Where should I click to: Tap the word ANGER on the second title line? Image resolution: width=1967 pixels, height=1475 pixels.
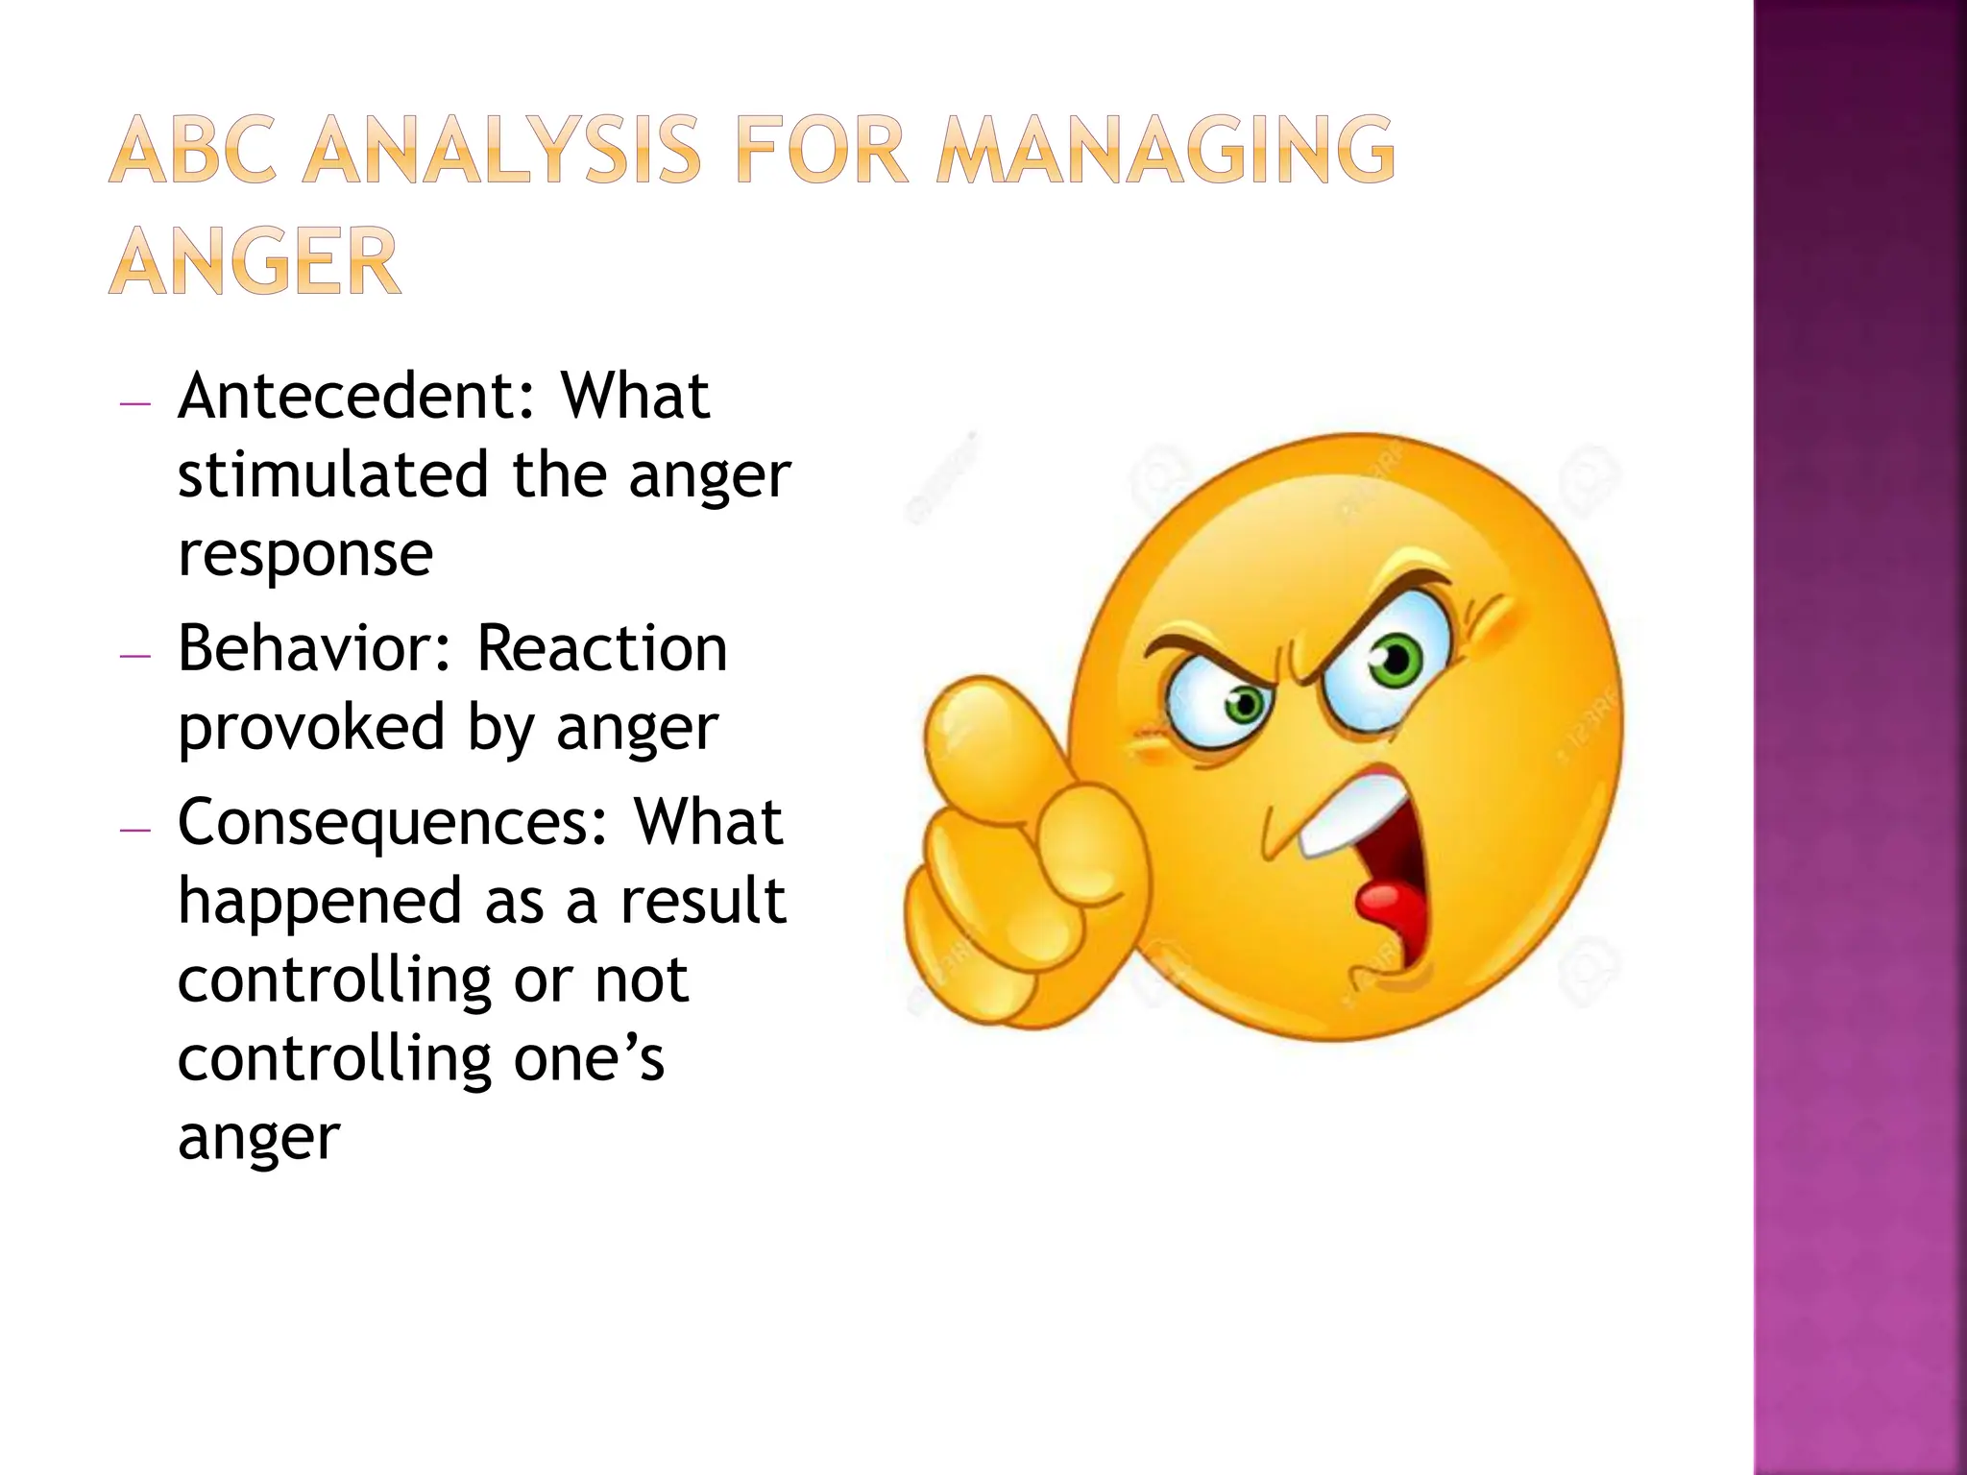pyautogui.click(x=255, y=260)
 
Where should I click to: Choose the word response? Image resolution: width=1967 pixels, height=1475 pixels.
pyautogui.click(x=305, y=554)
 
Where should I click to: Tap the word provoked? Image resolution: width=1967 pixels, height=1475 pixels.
pyautogui.click(x=311, y=727)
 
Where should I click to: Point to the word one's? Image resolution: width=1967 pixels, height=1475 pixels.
pyautogui.click(x=589, y=1058)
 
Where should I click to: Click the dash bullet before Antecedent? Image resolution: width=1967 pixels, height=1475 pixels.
pyautogui.click(x=135, y=404)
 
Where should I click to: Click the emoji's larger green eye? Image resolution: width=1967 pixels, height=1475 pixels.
pyautogui.click(x=1395, y=661)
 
